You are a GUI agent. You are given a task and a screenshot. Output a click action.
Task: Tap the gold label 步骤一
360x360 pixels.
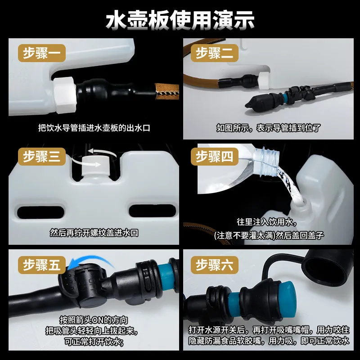tap(42, 53)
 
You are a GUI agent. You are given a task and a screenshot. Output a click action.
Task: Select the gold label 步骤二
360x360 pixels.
tap(215, 53)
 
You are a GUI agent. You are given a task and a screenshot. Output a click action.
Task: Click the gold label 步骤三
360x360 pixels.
tap(42, 157)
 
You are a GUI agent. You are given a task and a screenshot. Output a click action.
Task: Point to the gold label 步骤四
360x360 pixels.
tap(215, 157)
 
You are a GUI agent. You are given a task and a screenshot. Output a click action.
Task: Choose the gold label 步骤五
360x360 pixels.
tap(42, 265)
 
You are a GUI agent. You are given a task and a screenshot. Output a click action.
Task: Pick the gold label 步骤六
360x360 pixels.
tap(215, 265)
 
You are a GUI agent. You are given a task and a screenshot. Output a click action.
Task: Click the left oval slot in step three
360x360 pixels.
tap(40, 212)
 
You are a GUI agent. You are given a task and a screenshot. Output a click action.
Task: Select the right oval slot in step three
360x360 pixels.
tap(153, 211)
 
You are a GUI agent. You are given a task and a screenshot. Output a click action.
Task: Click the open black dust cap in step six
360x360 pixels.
tap(329, 267)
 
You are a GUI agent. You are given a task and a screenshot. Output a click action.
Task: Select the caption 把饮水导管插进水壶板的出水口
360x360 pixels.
tap(94, 128)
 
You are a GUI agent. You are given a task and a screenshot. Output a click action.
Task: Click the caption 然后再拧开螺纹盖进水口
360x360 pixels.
tap(94, 233)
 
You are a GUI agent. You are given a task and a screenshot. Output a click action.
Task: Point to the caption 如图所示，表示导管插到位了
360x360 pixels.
tap(268, 128)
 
